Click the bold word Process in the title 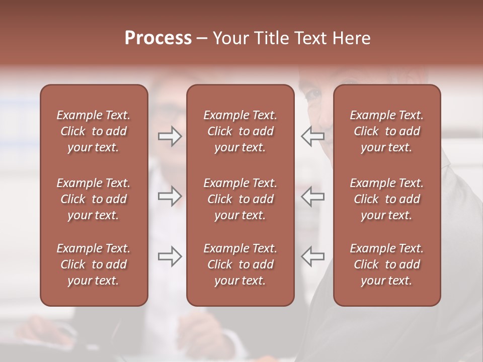point(158,38)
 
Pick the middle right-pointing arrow point(170,196)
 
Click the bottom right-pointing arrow point(170,256)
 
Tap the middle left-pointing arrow point(312,196)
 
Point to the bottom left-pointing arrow point(312,256)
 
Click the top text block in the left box point(94,131)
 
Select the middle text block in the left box point(94,199)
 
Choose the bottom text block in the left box point(94,264)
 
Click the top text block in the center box point(240,131)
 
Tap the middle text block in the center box point(240,199)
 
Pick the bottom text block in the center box point(240,264)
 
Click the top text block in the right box point(386,131)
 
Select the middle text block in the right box point(386,199)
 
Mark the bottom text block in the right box point(386,264)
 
